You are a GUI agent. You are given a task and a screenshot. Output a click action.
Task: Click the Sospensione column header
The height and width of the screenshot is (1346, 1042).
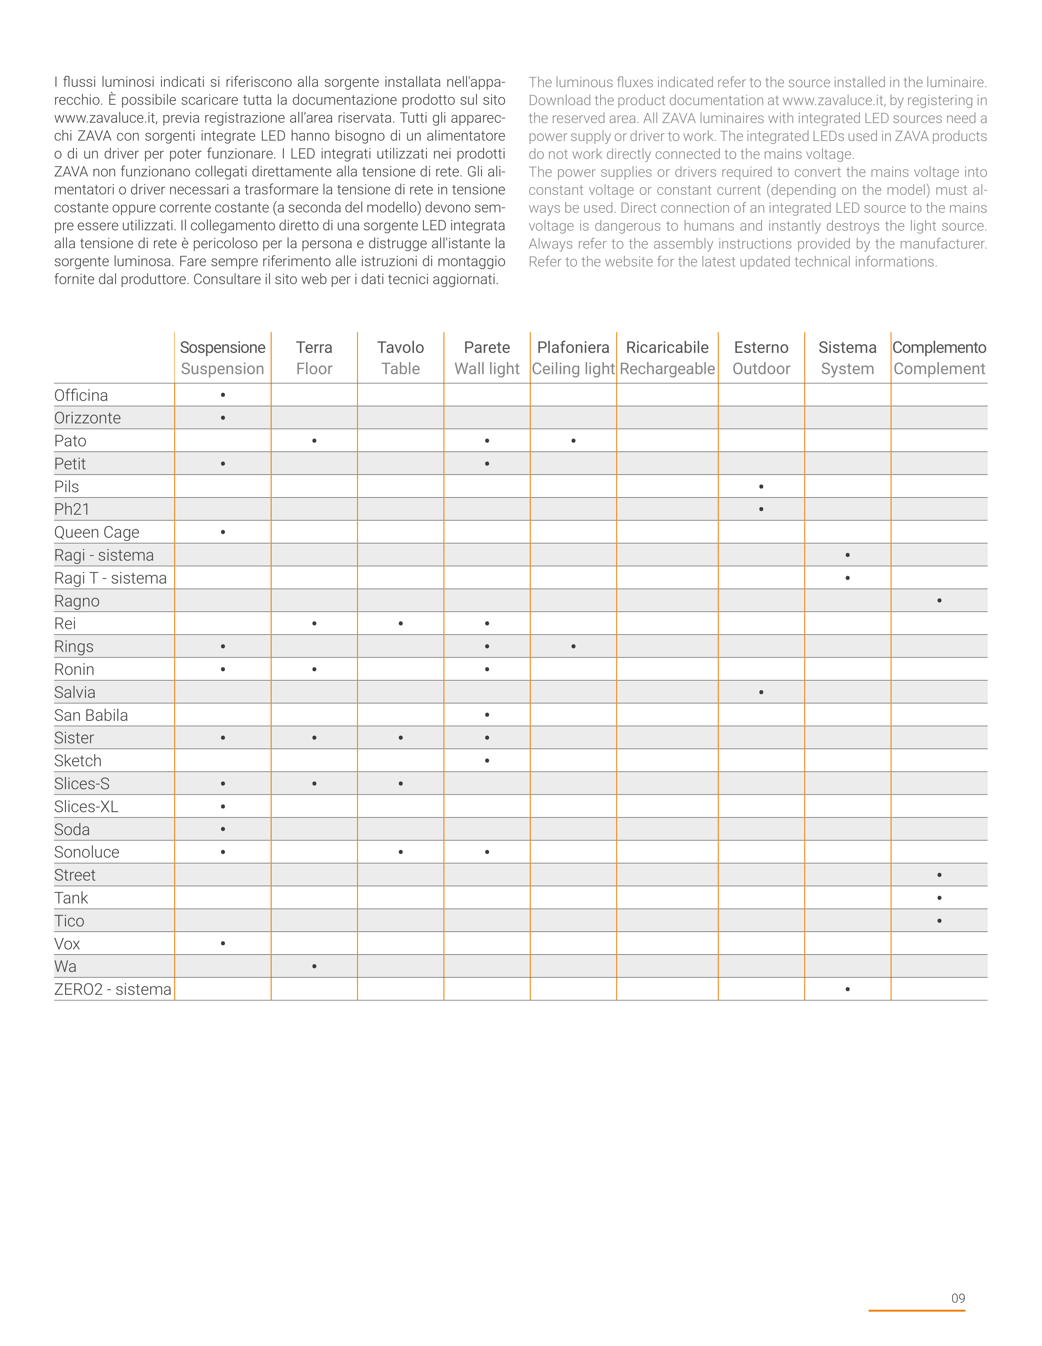[x=222, y=347]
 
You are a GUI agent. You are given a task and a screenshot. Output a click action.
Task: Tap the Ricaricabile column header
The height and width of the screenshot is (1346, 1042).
[x=667, y=347]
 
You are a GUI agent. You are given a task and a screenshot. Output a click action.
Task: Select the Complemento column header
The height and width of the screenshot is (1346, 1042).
[x=939, y=347]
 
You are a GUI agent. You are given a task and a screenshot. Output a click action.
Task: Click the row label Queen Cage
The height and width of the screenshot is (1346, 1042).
[x=97, y=533]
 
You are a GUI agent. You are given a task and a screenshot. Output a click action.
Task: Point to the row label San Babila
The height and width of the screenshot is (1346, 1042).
[x=91, y=715]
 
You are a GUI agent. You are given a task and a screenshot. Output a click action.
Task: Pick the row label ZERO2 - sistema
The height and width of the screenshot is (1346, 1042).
[x=113, y=990]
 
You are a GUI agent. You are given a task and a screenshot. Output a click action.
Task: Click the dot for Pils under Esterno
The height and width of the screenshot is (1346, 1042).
[x=762, y=487]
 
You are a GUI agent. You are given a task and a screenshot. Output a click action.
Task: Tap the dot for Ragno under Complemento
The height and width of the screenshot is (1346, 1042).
[x=939, y=600]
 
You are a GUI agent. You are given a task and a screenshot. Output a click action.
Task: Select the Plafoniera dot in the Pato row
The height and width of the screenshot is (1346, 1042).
[x=573, y=440]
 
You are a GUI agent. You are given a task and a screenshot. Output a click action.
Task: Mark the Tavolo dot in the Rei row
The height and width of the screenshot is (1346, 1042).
[x=401, y=624]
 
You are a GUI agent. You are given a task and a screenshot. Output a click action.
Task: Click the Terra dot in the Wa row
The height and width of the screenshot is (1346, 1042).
[x=315, y=966]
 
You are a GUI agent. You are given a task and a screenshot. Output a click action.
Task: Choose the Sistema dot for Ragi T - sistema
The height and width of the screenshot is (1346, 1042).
[x=848, y=578]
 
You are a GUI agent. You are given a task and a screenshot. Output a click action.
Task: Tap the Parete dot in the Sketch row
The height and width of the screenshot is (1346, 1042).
[x=487, y=760]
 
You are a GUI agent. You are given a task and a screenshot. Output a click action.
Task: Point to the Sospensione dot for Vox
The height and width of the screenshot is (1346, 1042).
[x=222, y=943]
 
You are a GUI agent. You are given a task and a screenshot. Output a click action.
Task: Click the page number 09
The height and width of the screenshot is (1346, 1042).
[x=958, y=1298]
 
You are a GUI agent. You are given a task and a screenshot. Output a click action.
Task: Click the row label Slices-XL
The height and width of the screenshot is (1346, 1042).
[x=86, y=807]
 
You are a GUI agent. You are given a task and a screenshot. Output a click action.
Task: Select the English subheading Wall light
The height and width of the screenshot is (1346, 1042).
[x=487, y=369]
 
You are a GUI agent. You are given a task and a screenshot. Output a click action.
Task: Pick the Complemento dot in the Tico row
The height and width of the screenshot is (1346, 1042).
[x=939, y=921]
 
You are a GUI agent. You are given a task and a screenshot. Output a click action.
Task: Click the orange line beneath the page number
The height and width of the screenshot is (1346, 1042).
[x=917, y=1310]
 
